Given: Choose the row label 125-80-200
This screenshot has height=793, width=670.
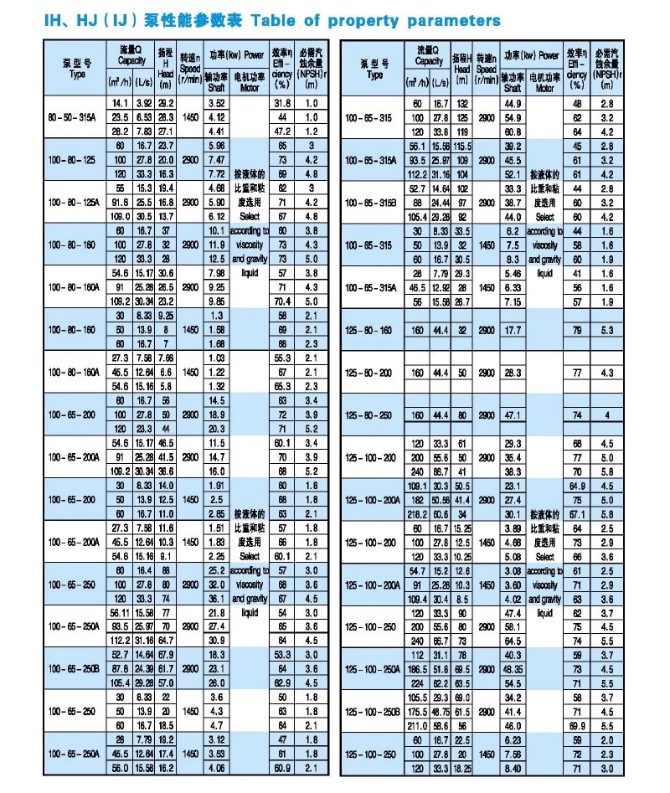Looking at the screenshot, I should coord(374,372).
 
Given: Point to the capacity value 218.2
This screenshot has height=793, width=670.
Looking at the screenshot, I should coord(416,513).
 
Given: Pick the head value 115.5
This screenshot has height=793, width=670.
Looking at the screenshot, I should coord(463,146).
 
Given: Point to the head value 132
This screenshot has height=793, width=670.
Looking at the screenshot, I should coord(462,103).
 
